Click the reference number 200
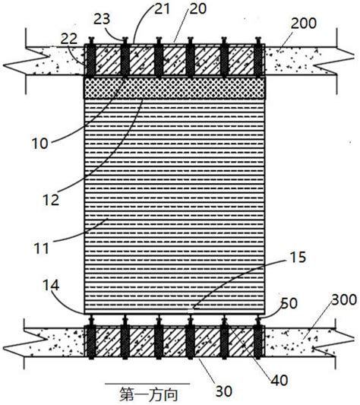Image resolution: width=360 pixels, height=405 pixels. click(x=304, y=24)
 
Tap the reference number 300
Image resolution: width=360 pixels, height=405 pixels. click(x=344, y=300)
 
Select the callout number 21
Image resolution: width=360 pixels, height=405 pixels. click(x=163, y=8)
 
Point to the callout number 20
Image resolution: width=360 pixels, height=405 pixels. click(x=198, y=8)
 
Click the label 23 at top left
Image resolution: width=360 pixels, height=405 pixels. click(x=102, y=18)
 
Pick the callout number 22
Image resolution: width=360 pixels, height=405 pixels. click(x=69, y=39)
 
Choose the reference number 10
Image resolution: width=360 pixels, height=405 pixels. click(x=39, y=144)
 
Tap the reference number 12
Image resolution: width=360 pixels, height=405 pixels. click(x=51, y=200)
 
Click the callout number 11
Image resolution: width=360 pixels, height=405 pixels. click(x=41, y=248)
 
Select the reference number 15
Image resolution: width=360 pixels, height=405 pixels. click(x=298, y=258)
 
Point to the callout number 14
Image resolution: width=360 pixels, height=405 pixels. click(x=51, y=286)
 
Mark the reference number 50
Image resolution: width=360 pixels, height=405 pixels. click(x=289, y=303)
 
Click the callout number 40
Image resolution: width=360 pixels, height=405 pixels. click(x=279, y=381)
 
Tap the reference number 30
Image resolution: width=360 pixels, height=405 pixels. click(x=223, y=391)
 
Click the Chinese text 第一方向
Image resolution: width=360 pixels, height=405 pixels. click(x=149, y=394)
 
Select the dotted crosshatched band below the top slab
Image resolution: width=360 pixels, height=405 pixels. click(x=175, y=88)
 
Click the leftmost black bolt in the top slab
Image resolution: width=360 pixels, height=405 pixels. click(x=91, y=57)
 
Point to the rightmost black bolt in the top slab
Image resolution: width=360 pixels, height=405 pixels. click(x=257, y=57)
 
